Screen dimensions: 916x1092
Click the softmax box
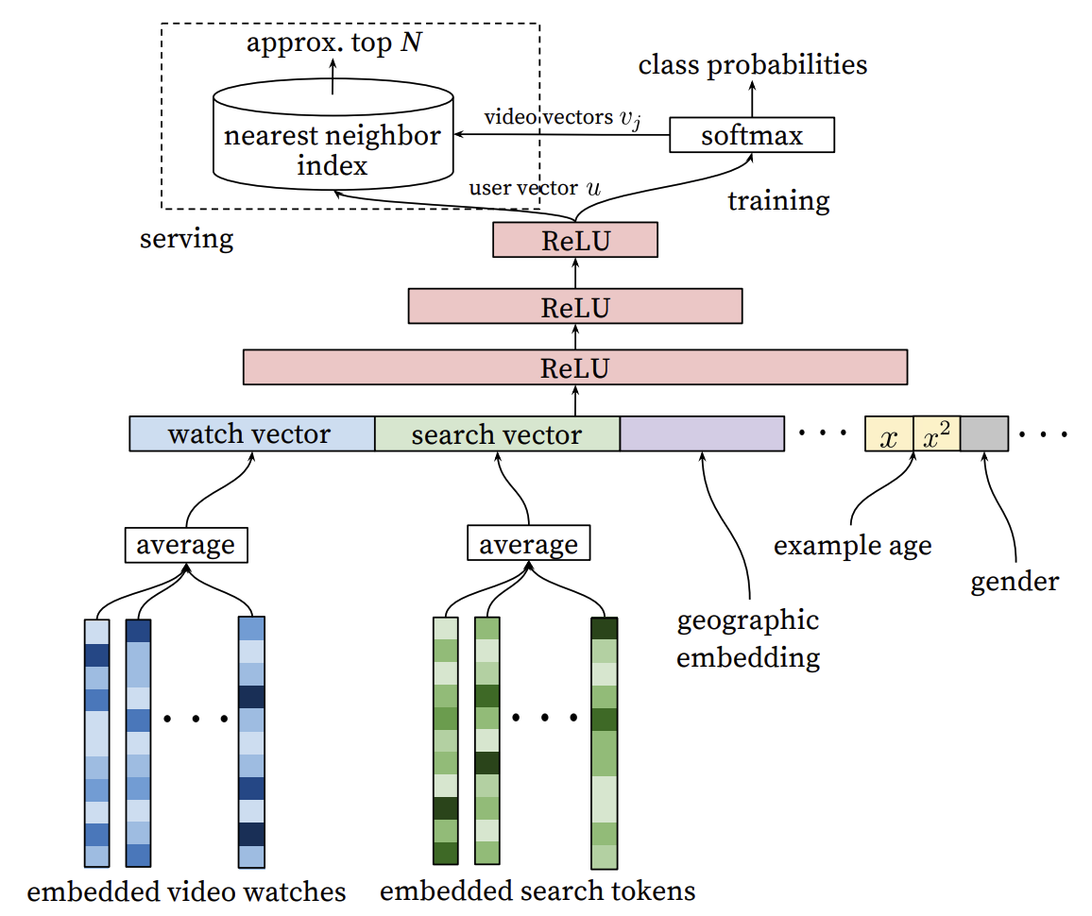point(752,135)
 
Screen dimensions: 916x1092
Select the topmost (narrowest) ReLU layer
point(574,241)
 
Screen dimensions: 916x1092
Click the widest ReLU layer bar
point(574,367)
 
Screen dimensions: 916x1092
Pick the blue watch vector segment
point(251,434)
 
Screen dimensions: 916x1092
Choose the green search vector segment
point(497,434)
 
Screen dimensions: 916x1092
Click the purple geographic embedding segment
point(702,434)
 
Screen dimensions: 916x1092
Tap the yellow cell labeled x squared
point(936,434)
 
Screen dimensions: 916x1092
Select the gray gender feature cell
point(983,434)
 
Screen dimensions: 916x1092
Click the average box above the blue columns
point(186,545)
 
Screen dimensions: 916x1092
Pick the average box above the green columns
point(529,545)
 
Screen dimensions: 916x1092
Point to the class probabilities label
point(752,64)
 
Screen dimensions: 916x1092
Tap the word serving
point(186,238)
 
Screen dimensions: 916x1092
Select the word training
point(778,200)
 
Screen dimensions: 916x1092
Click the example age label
point(852,546)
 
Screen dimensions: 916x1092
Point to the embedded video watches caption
point(186,891)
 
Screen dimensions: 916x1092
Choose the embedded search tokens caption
point(537,891)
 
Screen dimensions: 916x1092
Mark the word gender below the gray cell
point(1015,581)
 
